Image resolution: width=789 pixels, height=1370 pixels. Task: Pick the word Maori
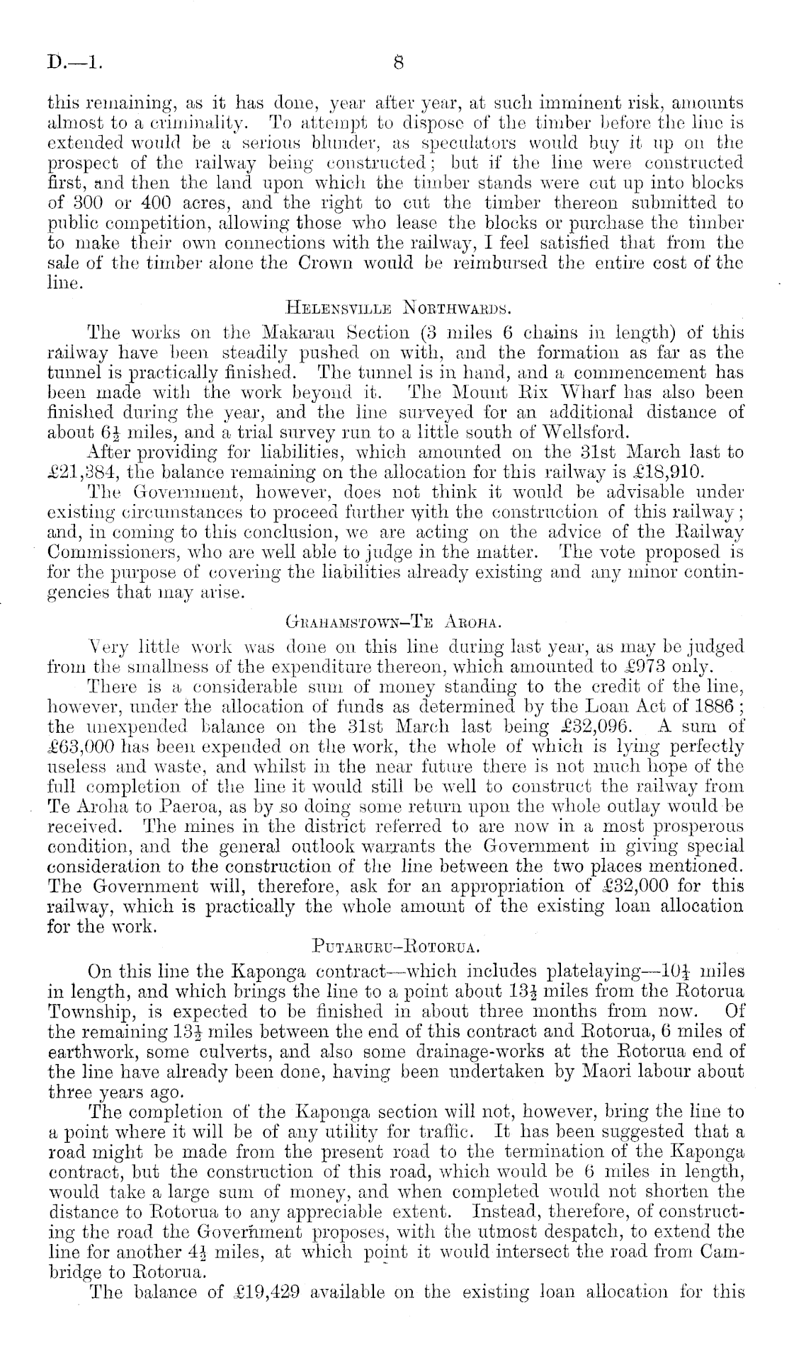pos(608,1071)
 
